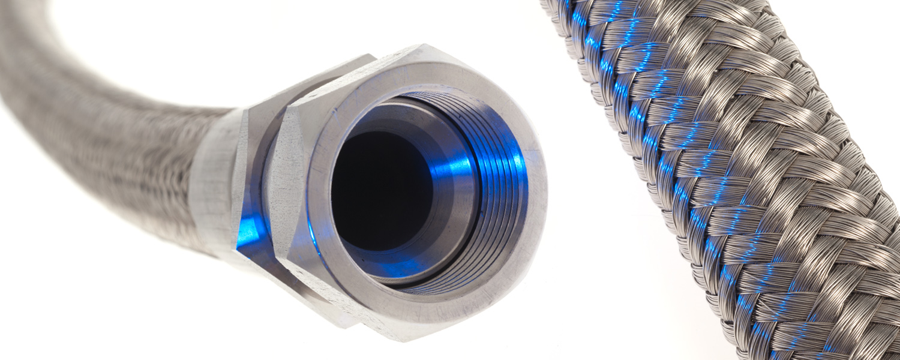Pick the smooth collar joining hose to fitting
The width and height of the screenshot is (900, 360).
(x=210, y=180)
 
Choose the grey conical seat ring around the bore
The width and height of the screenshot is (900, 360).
(x=444, y=228)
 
